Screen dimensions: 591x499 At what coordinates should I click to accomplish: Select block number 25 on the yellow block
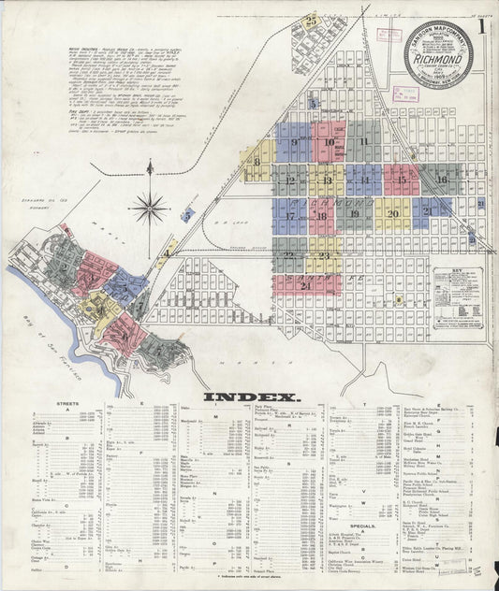(310, 19)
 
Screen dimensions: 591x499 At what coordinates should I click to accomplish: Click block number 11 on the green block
(362, 141)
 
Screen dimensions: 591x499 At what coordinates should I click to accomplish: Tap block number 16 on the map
(441, 179)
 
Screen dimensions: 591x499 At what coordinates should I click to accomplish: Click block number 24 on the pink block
(306, 285)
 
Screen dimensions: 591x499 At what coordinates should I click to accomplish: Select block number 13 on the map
(327, 179)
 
